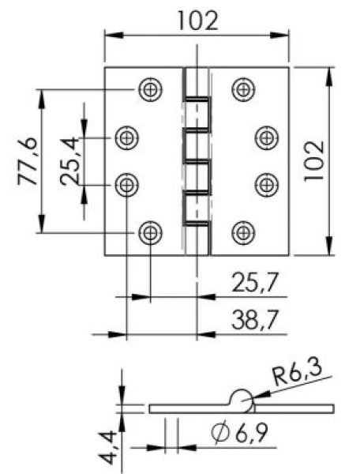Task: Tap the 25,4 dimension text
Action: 72,162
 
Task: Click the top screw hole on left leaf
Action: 150,90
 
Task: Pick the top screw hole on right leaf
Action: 243,90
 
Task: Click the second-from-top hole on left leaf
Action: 126,138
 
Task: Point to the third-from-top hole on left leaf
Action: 126,185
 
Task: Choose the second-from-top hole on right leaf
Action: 267,138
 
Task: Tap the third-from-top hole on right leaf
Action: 267,185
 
